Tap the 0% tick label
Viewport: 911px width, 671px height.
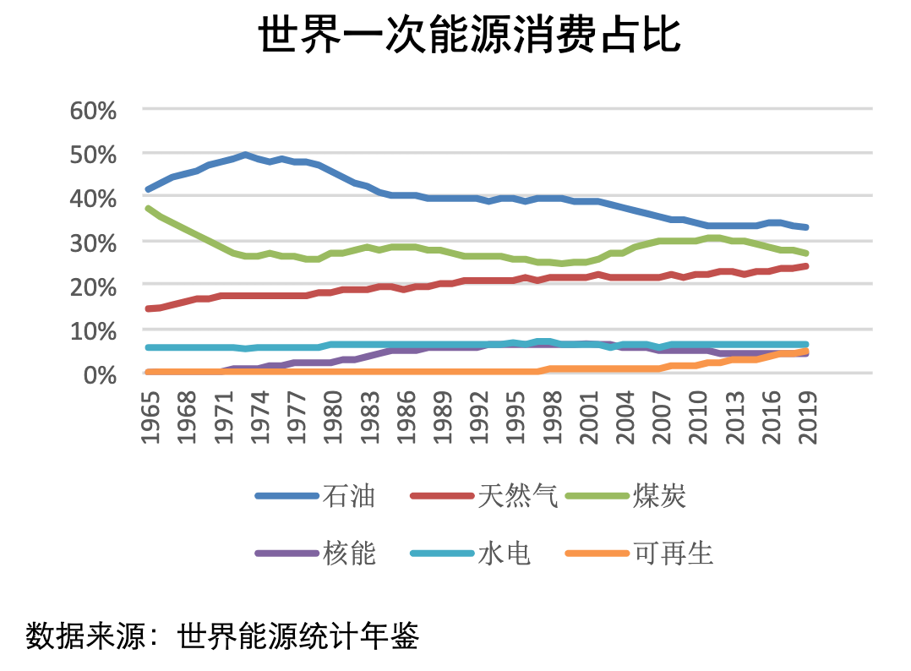[x=100, y=374]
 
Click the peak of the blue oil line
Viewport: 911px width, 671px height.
[x=245, y=155]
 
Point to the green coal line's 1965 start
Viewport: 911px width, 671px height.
[x=148, y=208]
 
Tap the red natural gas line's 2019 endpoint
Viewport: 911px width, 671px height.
[x=806, y=266]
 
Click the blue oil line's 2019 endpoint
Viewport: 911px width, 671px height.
[x=806, y=227]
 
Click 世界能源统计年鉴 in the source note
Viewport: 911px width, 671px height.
[x=299, y=636]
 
